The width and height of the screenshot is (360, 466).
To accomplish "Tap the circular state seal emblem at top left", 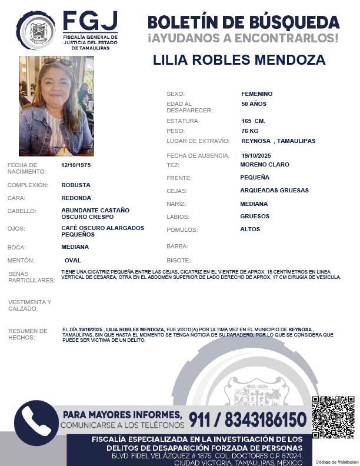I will [35, 30].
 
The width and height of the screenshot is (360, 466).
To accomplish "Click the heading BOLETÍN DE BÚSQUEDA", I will [243, 22].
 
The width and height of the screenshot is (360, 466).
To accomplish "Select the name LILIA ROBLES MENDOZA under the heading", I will [239, 60].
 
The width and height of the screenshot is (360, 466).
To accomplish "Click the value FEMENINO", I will [256, 94].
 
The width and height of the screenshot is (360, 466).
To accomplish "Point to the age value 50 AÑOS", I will [254, 104].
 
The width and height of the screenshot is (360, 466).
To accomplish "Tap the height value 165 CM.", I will [253, 121].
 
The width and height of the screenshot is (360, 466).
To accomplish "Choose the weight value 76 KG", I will [250, 131].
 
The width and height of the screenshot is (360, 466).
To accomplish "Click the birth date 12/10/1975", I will [76, 165].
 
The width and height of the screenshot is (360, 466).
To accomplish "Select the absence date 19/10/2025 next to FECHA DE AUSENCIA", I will [256, 155].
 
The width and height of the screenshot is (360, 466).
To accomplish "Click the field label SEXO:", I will [175, 94].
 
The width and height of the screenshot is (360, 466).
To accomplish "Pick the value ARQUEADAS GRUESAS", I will [274, 191].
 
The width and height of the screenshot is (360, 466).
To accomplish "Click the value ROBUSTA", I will [76, 185].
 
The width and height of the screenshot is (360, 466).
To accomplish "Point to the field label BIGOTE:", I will [178, 260].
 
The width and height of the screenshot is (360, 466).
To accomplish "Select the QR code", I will [332, 417].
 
